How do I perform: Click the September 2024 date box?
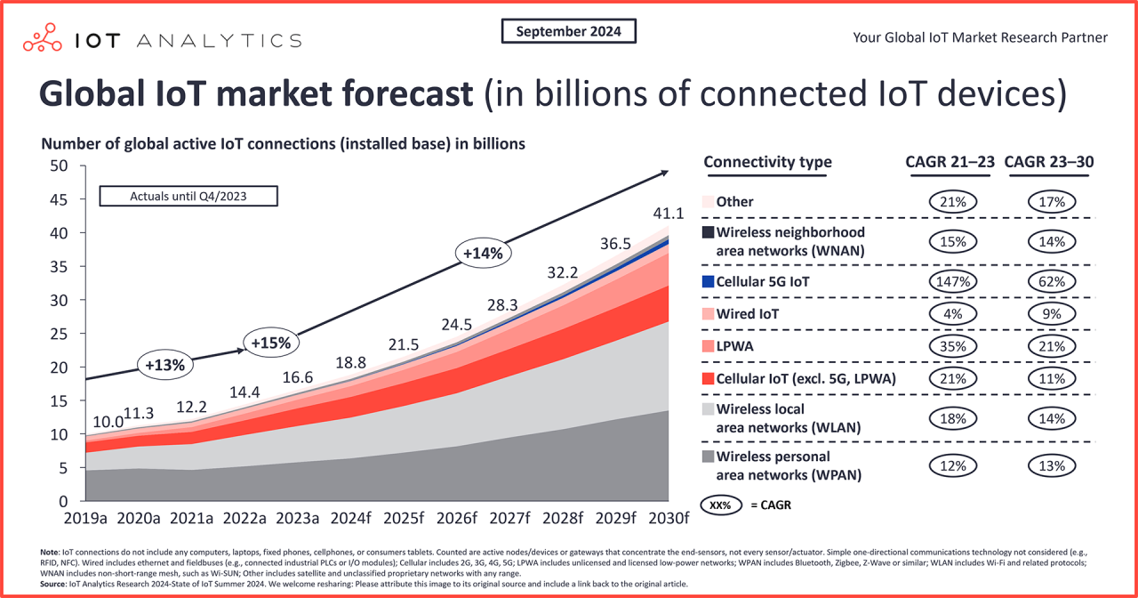(569, 31)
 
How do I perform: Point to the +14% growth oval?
(483, 253)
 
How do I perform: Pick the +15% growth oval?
(271, 342)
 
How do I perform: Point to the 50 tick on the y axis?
(59, 166)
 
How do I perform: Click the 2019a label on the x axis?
(86, 519)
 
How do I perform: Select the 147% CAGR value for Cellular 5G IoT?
(952, 281)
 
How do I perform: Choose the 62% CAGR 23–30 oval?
(1052, 281)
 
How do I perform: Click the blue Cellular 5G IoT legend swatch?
(708, 281)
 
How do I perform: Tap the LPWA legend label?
(733, 345)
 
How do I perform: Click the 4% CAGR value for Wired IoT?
(952, 313)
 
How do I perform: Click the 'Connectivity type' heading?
(767, 162)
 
